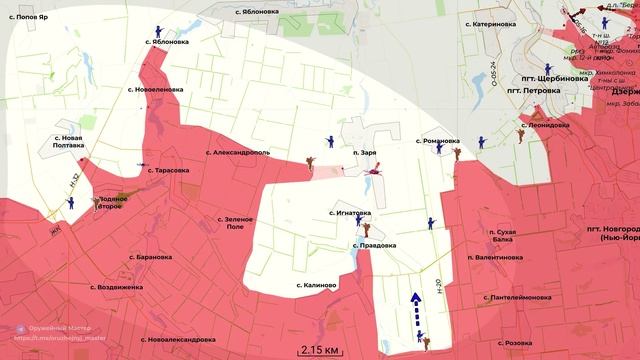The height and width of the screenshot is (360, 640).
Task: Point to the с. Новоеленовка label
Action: [157, 89]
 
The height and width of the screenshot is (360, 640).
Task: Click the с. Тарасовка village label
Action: [166, 171]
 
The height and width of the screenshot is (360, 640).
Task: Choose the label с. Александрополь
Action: [238, 153]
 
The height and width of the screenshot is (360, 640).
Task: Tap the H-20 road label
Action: [439, 289]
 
